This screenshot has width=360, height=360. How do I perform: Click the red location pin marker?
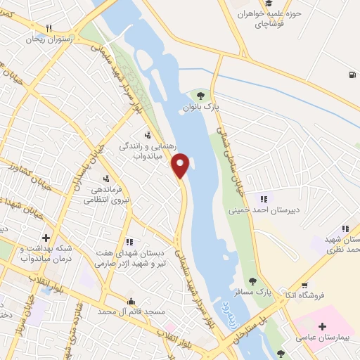181,166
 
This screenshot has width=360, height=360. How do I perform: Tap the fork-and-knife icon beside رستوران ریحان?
48,28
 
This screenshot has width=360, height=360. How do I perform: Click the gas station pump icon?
349,75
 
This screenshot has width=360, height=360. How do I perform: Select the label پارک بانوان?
202,108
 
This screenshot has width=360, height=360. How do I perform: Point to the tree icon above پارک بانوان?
202,96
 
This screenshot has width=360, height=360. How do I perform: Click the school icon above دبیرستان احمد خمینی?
264,198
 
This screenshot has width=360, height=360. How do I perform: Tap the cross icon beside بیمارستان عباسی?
323,327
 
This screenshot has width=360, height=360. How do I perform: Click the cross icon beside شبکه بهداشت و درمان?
46,238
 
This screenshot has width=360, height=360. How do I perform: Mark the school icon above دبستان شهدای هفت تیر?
128,242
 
